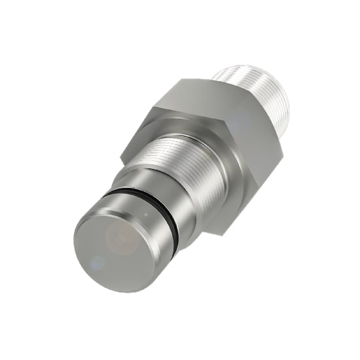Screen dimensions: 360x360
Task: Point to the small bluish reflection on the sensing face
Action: coord(97,263)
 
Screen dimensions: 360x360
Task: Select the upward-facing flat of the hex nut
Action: coord(196,98)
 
